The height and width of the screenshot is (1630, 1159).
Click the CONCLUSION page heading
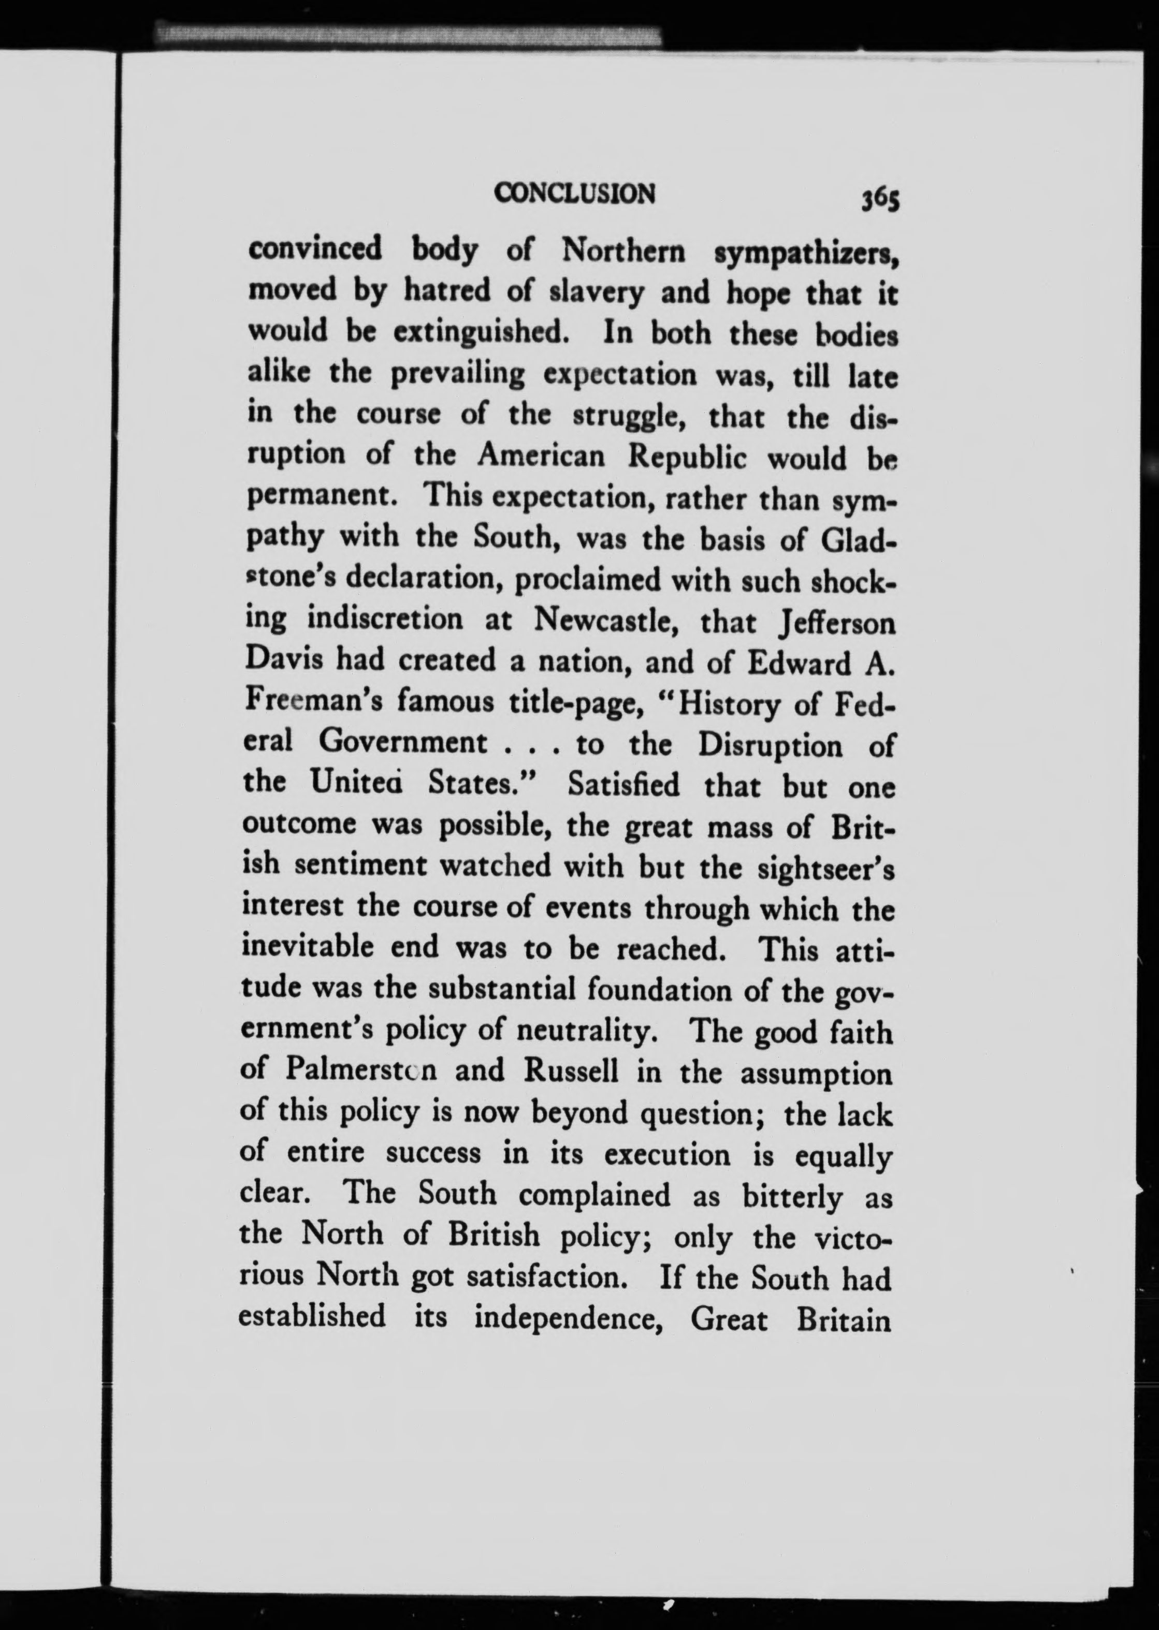(x=574, y=193)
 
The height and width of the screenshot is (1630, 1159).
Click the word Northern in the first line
(x=624, y=251)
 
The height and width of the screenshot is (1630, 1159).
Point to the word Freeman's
(x=311, y=702)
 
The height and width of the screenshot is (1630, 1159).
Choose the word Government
(x=402, y=743)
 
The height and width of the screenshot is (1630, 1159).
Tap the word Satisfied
(x=624, y=785)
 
